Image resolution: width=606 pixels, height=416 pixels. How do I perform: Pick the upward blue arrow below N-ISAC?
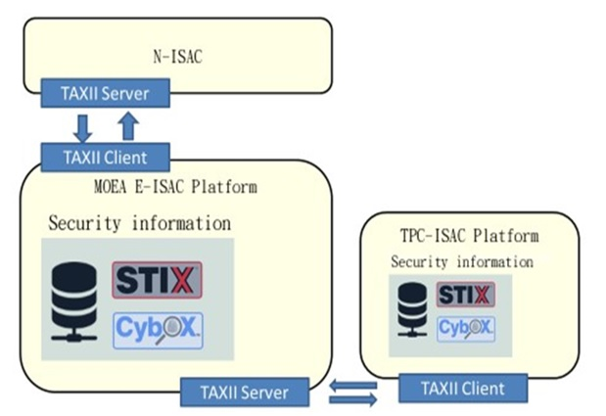[x=127, y=125]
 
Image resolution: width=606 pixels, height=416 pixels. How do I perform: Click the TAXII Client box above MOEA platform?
[x=104, y=157]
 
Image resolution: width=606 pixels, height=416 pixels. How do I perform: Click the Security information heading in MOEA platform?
[x=140, y=223]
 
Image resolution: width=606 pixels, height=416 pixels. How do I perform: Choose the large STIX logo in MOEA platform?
[x=157, y=279]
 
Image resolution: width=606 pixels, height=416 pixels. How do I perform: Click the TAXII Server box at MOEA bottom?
[x=246, y=393]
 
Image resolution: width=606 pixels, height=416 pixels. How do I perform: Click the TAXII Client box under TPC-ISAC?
[x=464, y=389]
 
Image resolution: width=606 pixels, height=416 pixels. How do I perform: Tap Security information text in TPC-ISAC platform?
[x=462, y=261]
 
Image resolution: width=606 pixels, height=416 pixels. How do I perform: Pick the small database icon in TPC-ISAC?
[x=414, y=310]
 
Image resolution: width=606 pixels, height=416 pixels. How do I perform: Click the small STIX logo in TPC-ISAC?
[x=465, y=296]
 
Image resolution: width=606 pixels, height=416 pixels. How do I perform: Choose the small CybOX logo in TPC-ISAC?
[x=465, y=328]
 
